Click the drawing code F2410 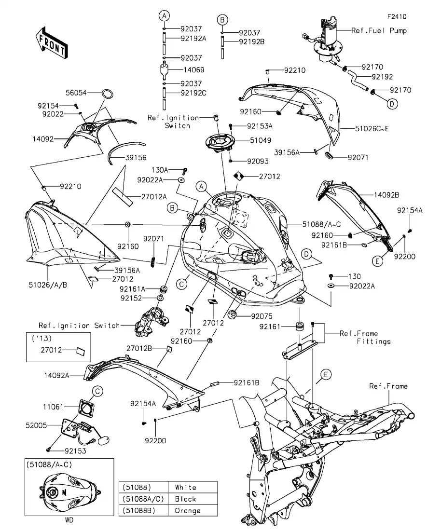click(x=396, y=16)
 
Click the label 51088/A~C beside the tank click(x=322, y=224)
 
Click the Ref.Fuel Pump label click(x=379, y=30)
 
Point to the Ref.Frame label click(x=388, y=386)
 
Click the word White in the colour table click(x=186, y=487)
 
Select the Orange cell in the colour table click(x=187, y=511)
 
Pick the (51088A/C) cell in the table click(x=143, y=499)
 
